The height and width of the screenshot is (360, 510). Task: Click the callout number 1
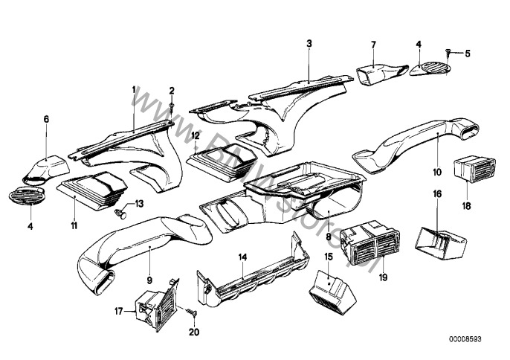[x=134, y=89]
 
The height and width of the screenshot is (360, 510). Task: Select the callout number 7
[x=374, y=45]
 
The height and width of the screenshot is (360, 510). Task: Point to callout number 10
[x=438, y=171]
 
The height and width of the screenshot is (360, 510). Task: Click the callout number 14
[x=242, y=257]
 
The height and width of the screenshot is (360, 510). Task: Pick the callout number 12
[x=195, y=136]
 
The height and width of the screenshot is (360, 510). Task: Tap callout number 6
[x=45, y=119]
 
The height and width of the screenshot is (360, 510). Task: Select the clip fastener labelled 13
[x=121, y=213]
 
